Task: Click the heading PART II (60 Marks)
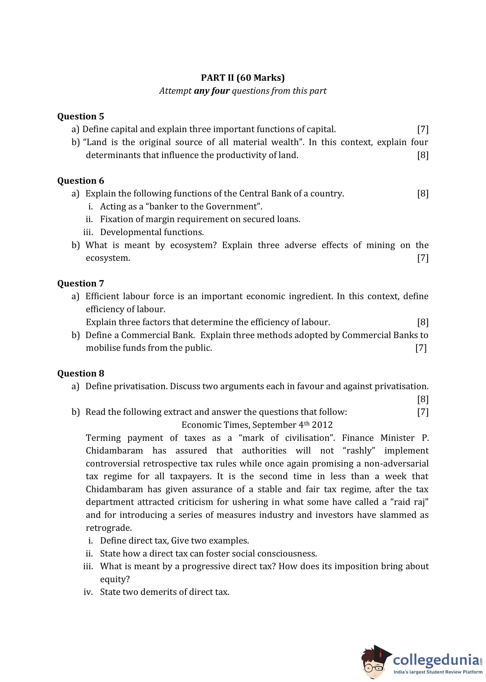click(243, 78)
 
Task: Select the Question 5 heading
click(80, 116)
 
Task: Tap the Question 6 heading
click(80, 181)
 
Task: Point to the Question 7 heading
click(80, 283)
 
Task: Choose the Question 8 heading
click(80, 374)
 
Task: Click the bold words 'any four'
click(212, 91)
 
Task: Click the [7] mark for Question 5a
click(422, 129)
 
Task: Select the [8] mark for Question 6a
click(422, 194)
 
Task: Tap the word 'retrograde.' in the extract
click(109, 528)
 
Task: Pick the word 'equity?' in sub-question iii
click(115, 579)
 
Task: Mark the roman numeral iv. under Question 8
click(88, 592)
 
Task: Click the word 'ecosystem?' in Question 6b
click(193, 245)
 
